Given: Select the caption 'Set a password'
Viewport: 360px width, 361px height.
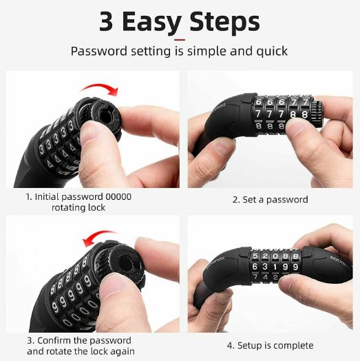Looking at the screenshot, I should (x=270, y=199).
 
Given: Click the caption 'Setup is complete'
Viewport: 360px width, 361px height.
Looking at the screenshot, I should (x=270, y=345).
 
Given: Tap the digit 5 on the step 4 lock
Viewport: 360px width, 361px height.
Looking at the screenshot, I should (x=257, y=255).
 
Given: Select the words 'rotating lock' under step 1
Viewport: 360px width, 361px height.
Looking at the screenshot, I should (x=78, y=207).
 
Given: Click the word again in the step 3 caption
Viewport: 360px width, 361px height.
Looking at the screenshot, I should (x=121, y=352).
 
